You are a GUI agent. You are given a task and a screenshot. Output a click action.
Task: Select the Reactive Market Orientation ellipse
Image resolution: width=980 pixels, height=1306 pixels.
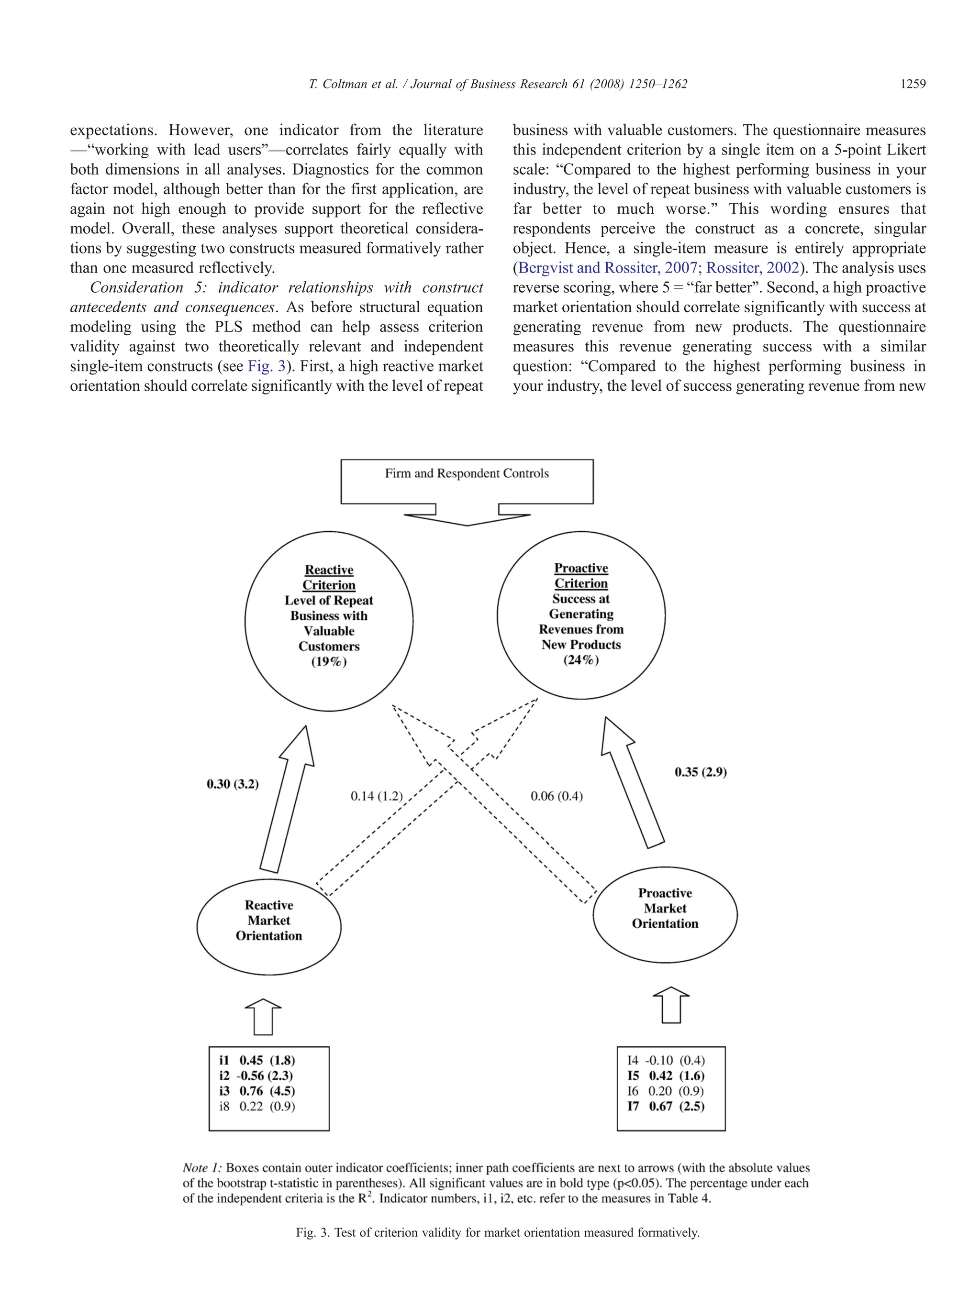click(269, 921)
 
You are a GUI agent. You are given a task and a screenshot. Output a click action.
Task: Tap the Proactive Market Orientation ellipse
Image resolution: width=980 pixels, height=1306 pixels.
click(665, 909)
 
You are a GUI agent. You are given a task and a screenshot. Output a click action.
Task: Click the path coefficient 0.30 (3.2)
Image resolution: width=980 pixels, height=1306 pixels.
click(232, 784)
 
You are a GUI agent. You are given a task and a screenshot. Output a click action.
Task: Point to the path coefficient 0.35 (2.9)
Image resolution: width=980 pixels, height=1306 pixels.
click(701, 772)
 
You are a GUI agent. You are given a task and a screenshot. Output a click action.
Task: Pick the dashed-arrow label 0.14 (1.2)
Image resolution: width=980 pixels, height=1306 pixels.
click(376, 797)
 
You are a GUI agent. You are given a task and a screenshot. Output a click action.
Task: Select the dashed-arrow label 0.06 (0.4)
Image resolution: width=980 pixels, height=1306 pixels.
click(557, 797)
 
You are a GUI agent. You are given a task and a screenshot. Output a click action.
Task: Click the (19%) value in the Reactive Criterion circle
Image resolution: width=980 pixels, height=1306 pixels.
click(329, 662)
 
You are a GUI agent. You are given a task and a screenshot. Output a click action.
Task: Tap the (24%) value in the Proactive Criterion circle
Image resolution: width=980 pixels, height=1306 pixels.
click(581, 660)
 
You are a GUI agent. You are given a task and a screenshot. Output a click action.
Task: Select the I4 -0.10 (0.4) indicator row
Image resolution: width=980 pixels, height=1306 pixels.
click(666, 1060)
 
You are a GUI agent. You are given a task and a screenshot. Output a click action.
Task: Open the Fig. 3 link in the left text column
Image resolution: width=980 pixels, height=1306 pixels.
click(267, 367)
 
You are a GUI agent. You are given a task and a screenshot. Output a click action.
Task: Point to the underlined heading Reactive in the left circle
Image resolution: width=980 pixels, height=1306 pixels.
click(329, 570)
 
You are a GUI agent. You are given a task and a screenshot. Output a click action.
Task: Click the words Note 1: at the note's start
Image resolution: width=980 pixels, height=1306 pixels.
click(202, 1168)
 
